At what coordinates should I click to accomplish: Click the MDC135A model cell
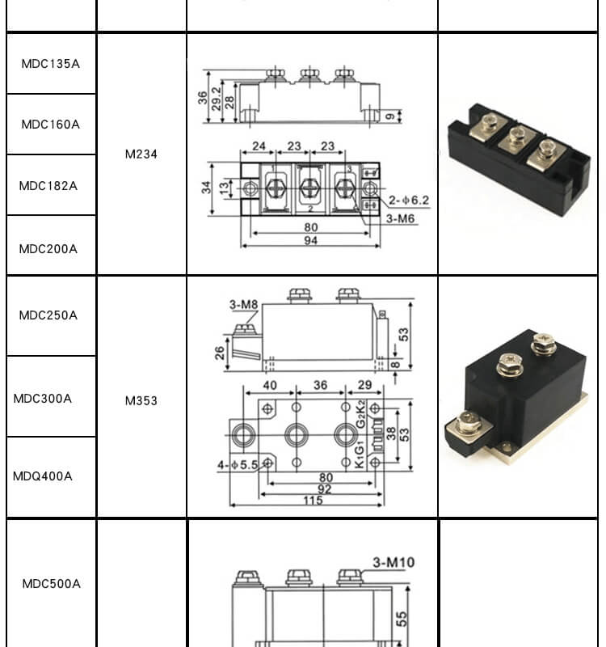[x=51, y=63]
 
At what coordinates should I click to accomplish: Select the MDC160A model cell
[x=51, y=125]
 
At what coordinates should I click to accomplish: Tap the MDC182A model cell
[x=48, y=185]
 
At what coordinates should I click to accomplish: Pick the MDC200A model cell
[x=48, y=249]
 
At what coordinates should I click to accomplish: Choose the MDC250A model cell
[x=48, y=315]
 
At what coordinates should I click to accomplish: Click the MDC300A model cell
[x=43, y=399]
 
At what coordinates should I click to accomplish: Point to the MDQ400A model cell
[x=43, y=476]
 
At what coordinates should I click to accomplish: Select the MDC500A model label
[x=51, y=584]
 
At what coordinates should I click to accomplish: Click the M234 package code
[x=141, y=154]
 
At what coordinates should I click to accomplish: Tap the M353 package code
[x=141, y=400]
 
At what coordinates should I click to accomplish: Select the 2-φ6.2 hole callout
[x=409, y=200]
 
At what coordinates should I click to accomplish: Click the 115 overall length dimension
[x=313, y=501]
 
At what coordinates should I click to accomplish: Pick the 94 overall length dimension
[x=311, y=241]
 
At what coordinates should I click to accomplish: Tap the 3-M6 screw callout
[x=402, y=218]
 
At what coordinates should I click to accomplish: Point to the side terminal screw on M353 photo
[x=468, y=422]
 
